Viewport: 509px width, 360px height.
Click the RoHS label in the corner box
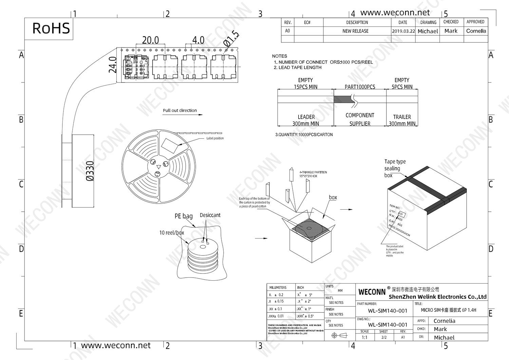coord(51,29)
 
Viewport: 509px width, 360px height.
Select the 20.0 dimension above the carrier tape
coord(150,40)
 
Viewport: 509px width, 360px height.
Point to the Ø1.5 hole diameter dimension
coord(231,39)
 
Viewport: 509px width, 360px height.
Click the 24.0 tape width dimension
coord(113,65)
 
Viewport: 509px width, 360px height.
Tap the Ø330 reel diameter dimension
coord(90,171)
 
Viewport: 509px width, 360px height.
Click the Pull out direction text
coord(180,110)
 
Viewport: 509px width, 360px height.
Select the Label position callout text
coord(215,138)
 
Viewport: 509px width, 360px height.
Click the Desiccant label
coord(210,215)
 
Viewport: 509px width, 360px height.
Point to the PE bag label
coord(184,216)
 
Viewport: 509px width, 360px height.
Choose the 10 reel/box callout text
coord(172,233)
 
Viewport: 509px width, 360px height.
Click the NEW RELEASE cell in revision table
coord(355,31)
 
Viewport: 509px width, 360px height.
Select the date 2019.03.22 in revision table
coord(403,31)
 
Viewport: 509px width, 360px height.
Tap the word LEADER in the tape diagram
coord(306,117)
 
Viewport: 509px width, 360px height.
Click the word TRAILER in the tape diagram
coord(402,117)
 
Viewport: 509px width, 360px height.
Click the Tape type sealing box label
coord(395,168)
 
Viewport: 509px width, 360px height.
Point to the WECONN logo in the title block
coord(372,292)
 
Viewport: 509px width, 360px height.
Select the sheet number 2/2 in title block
coord(384,337)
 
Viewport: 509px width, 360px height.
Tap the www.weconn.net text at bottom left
coord(116,345)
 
